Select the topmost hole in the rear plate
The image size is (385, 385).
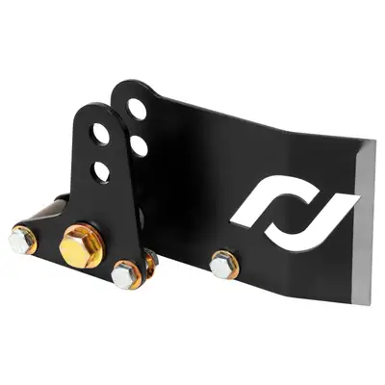point(138,109)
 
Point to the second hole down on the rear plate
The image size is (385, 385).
point(136,146)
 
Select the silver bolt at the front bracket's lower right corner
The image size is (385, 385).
point(122,276)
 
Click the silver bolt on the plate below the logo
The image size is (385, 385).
point(222,261)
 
